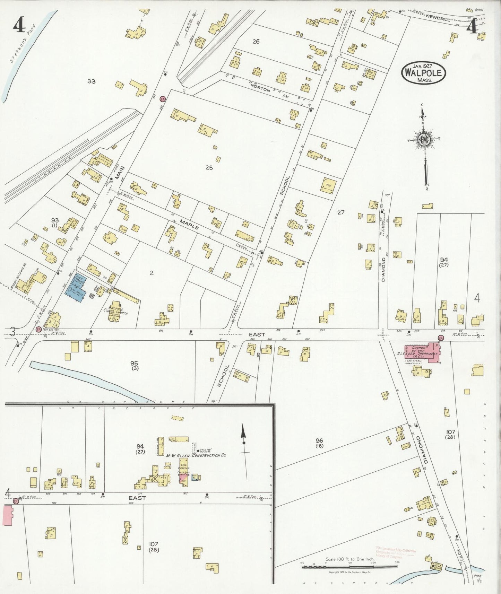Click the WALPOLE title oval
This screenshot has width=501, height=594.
pos(423,73)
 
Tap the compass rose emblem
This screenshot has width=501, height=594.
pos(424,139)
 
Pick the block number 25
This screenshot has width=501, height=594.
pos(209,167)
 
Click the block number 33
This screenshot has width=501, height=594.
pos(91,81)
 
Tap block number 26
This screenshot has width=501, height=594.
pos(256,42)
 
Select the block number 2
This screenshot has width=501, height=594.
pos(152,273)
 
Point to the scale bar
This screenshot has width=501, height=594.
pos(349,567)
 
